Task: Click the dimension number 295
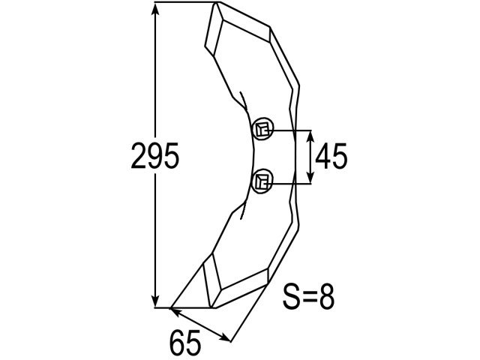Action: [x=154, y=156]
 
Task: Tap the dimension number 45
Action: [x=331, y=156]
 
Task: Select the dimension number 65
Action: [x=185, y=342]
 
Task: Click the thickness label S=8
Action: [x=308, y=297]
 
